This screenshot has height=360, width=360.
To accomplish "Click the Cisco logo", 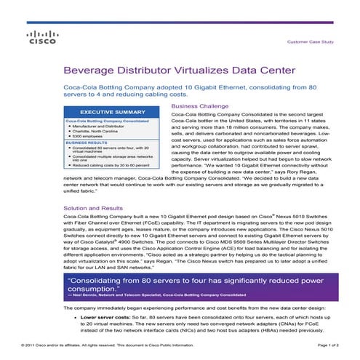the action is (36, 39).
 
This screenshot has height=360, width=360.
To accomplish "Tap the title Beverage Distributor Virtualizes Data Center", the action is (179, 71).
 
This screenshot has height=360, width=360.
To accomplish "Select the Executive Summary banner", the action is (113, 112).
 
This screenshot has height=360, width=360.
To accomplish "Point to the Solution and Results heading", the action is (99, 207).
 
